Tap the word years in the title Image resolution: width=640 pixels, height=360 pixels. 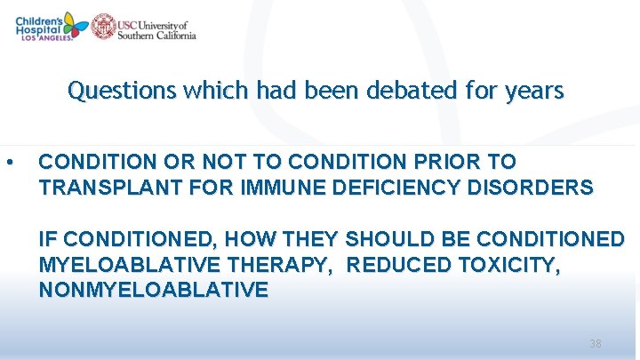(535, 91)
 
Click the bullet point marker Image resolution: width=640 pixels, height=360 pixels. (9, 163)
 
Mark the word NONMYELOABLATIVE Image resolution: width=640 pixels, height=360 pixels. (153, 291)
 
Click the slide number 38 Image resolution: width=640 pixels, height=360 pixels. (596, 343)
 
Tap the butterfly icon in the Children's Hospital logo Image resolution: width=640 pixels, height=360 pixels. (74, 25)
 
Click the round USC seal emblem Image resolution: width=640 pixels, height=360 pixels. (104, 26)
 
